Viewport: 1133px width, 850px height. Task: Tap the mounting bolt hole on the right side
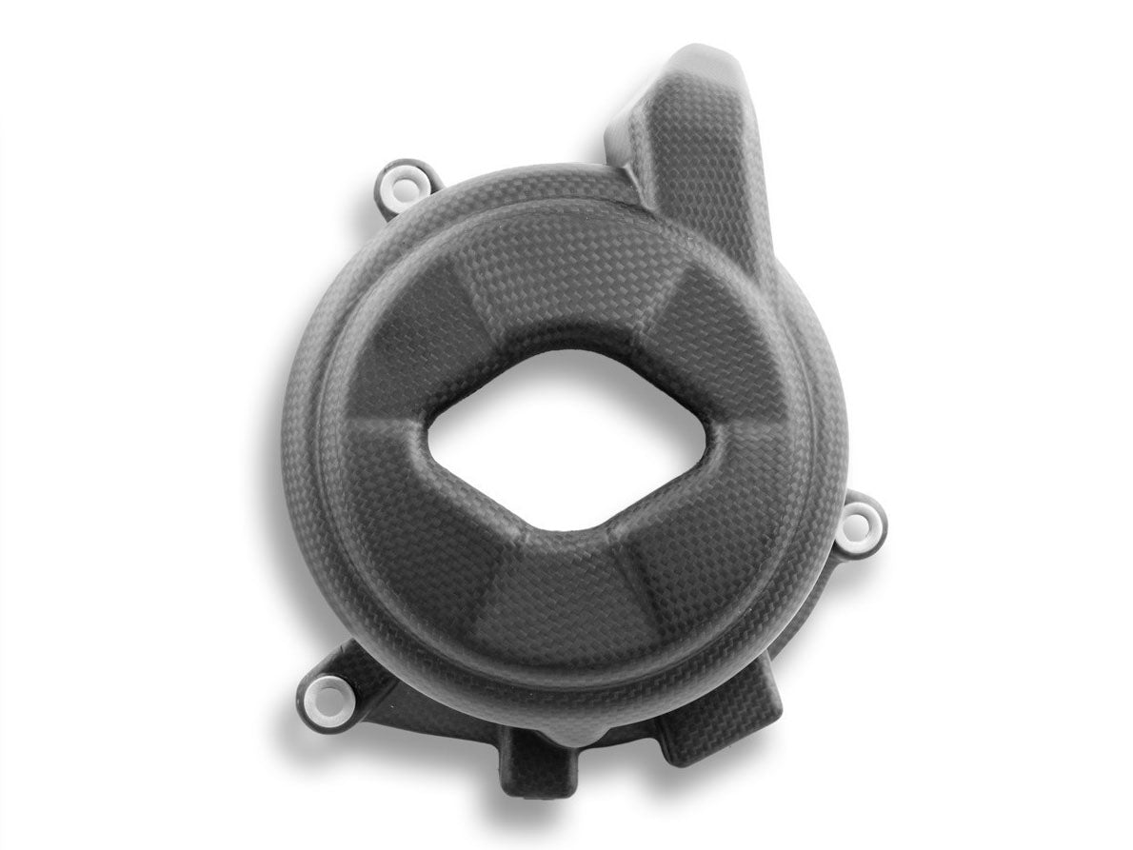[x=863, y=520]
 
